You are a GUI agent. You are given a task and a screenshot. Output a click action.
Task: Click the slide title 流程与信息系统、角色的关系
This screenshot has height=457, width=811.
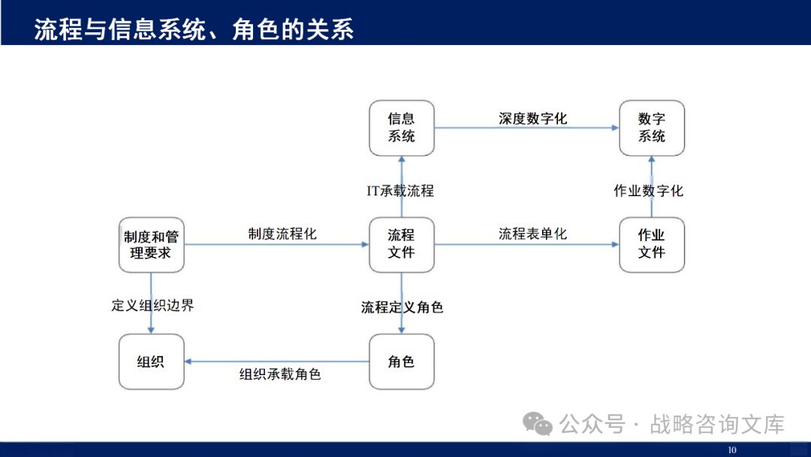(x=194, y=29)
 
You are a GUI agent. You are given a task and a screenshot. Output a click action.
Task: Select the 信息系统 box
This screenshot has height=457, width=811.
(x=401, y=128)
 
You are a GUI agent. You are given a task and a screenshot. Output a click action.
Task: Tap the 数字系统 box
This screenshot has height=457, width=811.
(x=652, y=128)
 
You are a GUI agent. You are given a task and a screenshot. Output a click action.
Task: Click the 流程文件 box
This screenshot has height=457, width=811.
(x=401, y=244)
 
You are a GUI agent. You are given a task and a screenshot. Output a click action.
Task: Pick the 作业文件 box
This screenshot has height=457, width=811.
(x=652, y=244)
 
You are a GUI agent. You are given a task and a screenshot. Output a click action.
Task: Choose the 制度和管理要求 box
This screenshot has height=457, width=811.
(x=151, y=245)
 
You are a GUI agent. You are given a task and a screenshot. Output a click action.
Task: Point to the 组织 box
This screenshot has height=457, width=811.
(x=151, y=362)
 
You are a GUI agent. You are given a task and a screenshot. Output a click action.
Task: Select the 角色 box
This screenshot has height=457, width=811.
(x=401, y=362)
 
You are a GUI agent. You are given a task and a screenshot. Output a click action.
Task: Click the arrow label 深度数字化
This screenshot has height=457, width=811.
(x=532, y=119)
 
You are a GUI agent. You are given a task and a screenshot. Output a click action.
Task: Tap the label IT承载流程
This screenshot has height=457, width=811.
(x=400, y=191)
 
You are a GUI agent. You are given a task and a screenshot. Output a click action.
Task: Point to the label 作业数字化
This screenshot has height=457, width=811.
(x=649, y=191)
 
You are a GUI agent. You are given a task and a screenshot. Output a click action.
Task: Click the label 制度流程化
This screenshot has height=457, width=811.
(x=282, y=234)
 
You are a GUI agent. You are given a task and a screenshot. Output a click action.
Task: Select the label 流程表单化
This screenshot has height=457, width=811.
(x=532, y=234)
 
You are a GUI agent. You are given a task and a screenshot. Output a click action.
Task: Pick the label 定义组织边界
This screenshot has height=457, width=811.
(x=152, y=305)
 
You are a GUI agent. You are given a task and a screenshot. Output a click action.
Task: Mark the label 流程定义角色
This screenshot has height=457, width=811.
(x=402, y=307)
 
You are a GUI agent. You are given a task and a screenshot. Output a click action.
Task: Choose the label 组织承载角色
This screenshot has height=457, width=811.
(x=280, y=374)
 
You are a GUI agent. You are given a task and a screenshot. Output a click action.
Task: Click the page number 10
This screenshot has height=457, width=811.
(x=732, y=450)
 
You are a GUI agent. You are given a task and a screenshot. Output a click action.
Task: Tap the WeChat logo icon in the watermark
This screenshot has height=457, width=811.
(x=538, y=424)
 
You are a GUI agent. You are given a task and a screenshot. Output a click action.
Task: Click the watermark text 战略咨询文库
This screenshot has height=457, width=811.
(x=717, y=424)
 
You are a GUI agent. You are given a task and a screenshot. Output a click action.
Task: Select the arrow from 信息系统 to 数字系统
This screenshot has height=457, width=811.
(x=526, y=128)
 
